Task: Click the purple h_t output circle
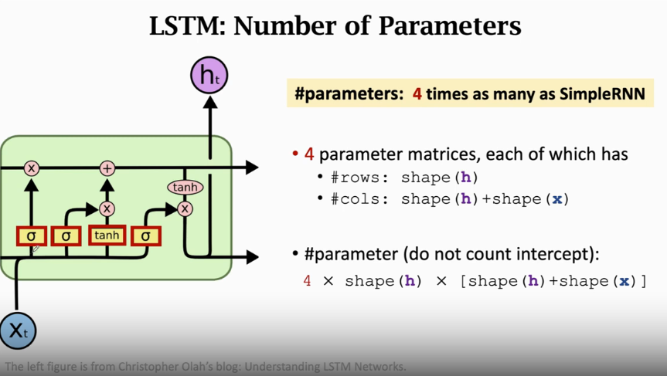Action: [209, 76]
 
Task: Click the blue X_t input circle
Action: [17, 330]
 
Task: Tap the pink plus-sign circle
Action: [107, 168]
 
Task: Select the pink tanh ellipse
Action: [185, 187]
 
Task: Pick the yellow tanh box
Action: [107, 235]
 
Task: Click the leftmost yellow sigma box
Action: [32, 235]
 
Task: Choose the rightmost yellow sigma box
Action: [146, 235]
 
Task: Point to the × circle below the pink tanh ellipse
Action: [185, 208]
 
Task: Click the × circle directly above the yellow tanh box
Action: [107, 208]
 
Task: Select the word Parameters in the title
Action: [450, 25]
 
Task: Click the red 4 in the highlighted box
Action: [417, 94]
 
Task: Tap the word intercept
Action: [551, 254]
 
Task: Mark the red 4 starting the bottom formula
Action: [307, 281]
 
